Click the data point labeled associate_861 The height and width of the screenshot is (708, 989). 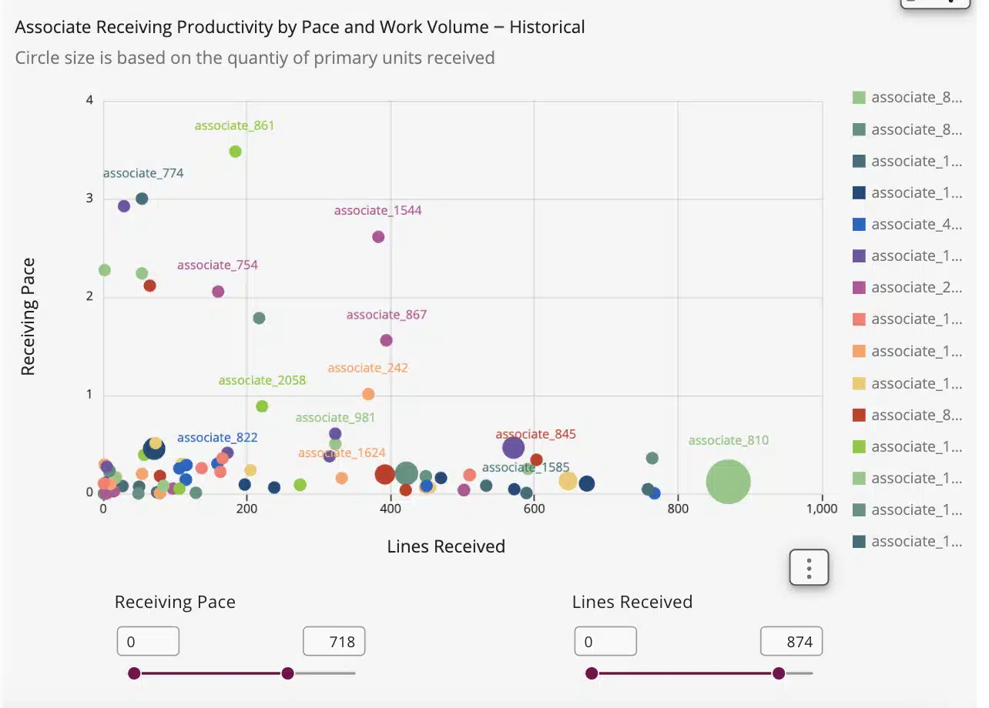coord(236,152)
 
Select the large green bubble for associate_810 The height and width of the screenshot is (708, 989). coord(728,482)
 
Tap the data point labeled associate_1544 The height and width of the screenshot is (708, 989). coord(378,237)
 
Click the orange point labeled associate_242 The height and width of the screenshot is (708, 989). coord(368,394)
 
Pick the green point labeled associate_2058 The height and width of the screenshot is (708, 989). coord(262,406)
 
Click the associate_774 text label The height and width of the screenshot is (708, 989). coord(143,173)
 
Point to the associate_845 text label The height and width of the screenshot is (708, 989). coord(535,434)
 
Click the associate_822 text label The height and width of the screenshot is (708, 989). coord(217,437)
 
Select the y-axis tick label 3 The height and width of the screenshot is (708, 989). coord(89,199)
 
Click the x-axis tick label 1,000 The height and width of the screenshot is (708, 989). coord(822,509)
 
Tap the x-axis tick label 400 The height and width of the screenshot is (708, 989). coord(391,509)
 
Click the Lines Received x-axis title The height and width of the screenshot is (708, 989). coord(446,546)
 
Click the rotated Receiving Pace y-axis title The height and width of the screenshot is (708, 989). coord(28,316)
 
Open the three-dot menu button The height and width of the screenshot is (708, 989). coord(809,568)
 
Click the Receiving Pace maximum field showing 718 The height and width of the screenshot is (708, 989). coord(334,641)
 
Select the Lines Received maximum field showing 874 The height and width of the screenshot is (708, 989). coord(791,641)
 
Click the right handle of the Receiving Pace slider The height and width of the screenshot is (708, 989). coord(287,673)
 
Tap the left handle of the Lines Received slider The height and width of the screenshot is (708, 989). coord(592,673)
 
